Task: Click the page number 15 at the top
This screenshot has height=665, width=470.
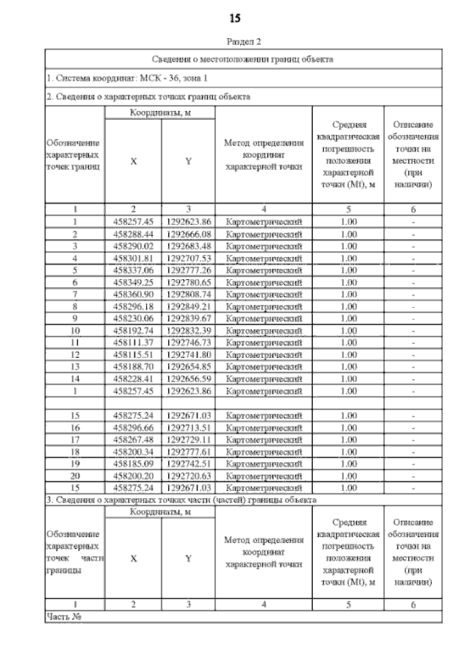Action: click(235, 18)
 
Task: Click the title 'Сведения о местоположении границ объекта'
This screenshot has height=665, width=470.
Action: click(243, 59)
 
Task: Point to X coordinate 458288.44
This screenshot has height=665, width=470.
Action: click(133, 234)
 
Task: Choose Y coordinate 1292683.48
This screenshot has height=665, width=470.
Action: click(189, 245)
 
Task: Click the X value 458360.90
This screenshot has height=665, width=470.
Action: click(133, 294)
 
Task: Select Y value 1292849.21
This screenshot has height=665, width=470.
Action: click(189, 306)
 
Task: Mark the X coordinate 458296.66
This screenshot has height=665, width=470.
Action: click(133, 427)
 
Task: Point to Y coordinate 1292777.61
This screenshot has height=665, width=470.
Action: click(189, 451)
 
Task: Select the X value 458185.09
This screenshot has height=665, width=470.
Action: click(133, 463)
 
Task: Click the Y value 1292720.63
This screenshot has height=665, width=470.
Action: click(189, 475)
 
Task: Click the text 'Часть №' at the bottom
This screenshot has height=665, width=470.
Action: click(63, 616)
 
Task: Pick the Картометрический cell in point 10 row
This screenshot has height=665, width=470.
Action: click(264, 330)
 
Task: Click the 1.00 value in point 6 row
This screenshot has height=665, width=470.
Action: click(349, 281)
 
